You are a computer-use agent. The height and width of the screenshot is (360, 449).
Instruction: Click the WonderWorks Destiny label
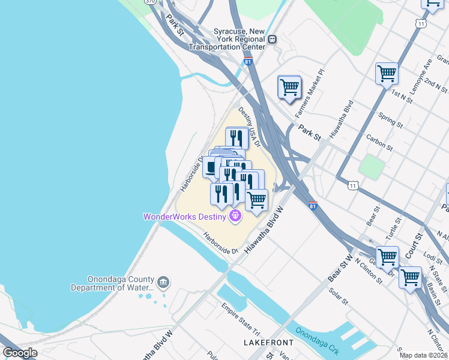(184, 217)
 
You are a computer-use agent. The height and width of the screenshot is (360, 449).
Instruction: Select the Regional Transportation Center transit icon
(273, 39)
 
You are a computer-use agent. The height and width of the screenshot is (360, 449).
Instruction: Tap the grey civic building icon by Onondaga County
(163, 282)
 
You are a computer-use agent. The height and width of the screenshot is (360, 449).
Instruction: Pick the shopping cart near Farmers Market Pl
(289, 88)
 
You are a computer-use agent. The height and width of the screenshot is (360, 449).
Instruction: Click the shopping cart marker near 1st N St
(387, 74)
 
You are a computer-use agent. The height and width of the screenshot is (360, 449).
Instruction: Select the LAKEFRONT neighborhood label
(269, 343)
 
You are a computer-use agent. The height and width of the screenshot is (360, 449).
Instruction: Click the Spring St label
(391, 119)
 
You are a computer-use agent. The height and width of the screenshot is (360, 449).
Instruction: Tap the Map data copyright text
(424, 355)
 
